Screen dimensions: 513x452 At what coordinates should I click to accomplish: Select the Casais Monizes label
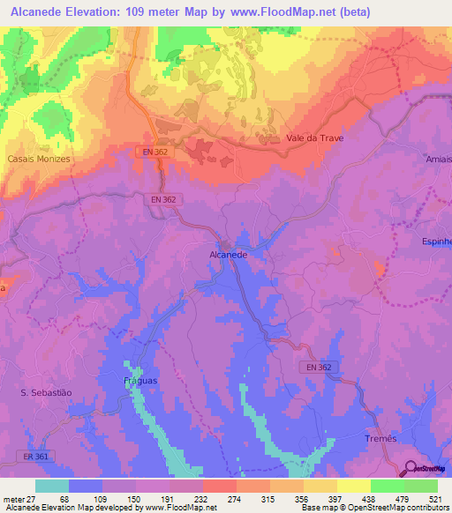tap(38, 159)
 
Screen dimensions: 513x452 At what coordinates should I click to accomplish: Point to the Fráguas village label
tap(139, 380)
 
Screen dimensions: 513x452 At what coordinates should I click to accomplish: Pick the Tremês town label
tap(384, 438)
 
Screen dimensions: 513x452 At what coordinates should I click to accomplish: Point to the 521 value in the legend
tap(437, 499)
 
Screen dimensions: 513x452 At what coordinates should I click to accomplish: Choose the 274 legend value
tap(236, 499)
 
